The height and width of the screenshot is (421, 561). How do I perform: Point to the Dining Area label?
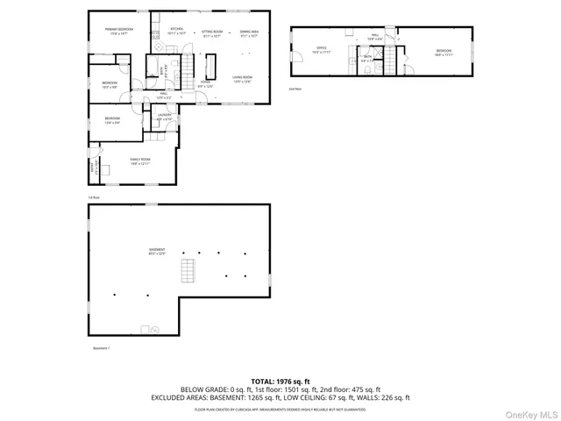pos(250,32)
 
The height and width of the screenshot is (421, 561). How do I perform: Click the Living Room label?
pos(243,80)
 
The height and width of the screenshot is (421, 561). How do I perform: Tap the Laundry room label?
pos(164,117)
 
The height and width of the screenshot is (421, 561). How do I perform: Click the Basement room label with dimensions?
pos(157,253)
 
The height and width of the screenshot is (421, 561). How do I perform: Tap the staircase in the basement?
pos(186,269)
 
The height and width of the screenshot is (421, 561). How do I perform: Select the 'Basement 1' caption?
pos(103,348)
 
